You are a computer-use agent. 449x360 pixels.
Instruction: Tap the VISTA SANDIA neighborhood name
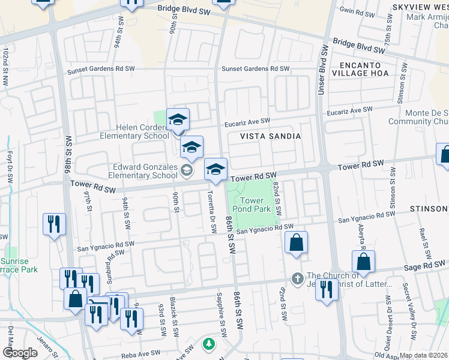pos(270,137)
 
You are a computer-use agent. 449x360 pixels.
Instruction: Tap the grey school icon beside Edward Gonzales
pos(188,172)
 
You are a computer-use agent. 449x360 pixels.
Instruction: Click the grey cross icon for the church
pos(296,278)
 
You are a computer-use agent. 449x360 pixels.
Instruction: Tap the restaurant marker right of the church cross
pos(327,290)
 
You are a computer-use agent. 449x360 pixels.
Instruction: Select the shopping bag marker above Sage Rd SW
pos(363,262)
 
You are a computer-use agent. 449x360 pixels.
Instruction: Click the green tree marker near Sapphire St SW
pos(208,344)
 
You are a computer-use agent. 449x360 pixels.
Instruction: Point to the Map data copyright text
pos(424,355)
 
